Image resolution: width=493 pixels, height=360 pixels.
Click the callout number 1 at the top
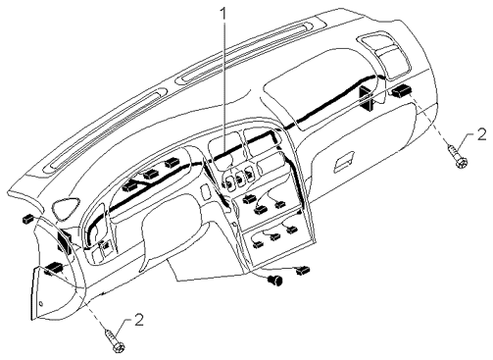223,13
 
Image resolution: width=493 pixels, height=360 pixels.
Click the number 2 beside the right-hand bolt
481,134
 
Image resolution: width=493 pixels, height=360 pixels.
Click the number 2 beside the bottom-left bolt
138,320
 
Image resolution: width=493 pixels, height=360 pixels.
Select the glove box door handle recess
344,162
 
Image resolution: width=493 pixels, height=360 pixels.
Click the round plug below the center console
275,280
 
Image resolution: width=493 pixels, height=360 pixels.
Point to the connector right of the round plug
303,270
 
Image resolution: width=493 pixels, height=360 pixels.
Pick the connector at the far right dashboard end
403,90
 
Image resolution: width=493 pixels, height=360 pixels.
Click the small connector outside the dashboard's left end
27,219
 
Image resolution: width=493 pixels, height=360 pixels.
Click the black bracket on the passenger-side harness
367,97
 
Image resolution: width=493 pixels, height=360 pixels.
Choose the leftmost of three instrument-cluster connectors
131,186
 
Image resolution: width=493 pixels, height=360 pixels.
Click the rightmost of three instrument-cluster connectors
173,163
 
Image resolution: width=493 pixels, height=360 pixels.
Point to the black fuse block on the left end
66,242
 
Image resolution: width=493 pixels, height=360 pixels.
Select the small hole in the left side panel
40,304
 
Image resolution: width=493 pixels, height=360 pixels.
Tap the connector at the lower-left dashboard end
54,268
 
